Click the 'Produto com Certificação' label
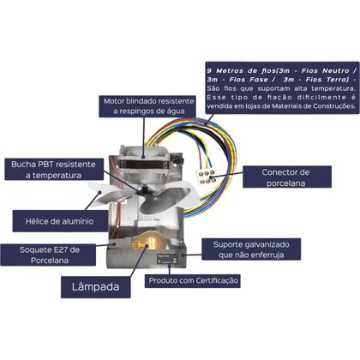(192, 280)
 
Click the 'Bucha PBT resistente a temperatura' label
(47, 169)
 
